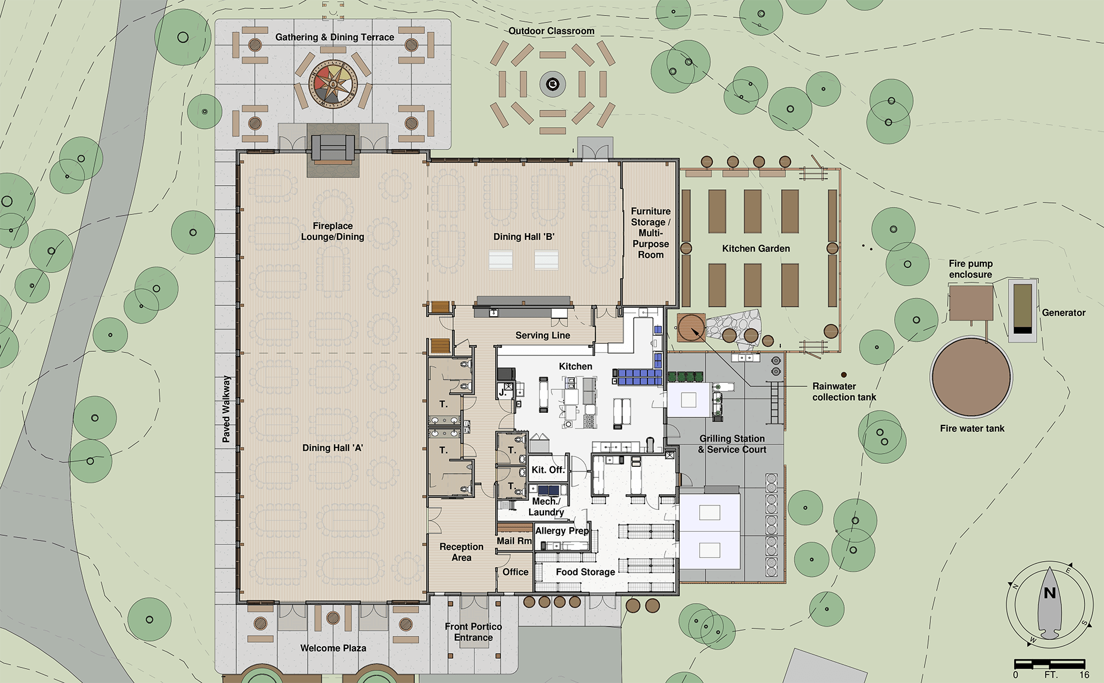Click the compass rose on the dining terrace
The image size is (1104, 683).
point(333,85)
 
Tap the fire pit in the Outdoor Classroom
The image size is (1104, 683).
point(553,85)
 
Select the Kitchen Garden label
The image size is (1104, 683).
point(756,248)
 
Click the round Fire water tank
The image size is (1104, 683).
point(971,377)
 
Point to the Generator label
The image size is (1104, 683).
point(1063,313)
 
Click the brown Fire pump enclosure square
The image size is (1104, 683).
point(971,303)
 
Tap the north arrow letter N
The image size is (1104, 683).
point(1049,593)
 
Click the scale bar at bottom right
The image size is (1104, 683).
point(1049,665)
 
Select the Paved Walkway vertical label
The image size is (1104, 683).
point(226,409)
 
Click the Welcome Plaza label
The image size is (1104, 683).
point(333,648)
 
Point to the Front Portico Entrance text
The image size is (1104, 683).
point(473,632)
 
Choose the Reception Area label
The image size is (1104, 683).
point(461,552)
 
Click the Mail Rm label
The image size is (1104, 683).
point(514,541)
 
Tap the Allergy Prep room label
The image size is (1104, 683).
point(562,531)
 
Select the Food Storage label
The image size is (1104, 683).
point(585,572)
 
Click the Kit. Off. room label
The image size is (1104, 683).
point(548,470)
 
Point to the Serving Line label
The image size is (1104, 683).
point(543,335)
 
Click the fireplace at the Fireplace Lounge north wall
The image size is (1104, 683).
point(333,148)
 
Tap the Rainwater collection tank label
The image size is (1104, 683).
point(844,392)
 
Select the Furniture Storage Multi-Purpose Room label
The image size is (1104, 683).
point(651,233)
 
